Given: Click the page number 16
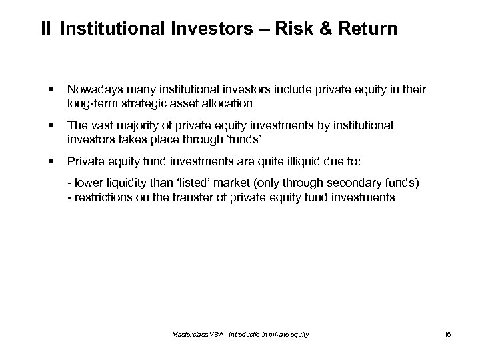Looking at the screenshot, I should click(447, 334).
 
